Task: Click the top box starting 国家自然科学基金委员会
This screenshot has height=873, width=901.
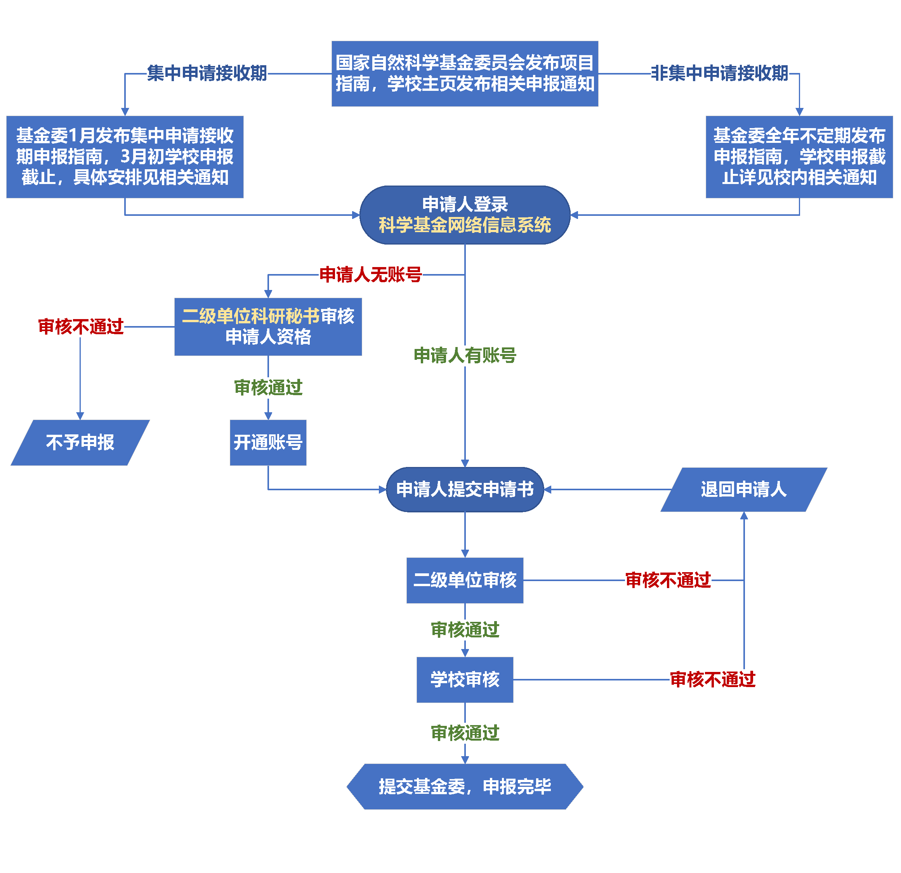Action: coord(465,73)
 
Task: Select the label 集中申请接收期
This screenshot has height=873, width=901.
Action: coord(207,73)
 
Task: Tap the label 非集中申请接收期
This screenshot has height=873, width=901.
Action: coord(720,73)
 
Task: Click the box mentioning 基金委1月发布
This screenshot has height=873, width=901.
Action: coord(125,157)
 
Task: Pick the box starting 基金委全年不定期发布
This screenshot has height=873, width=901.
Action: coord(799,157)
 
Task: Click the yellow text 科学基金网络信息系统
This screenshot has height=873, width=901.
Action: coord(465,225)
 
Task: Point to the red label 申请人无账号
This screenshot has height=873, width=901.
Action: coord(370,275)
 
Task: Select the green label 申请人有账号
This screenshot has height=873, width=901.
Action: coord(465,355)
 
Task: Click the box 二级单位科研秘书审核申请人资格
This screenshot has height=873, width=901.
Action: coord(268,327)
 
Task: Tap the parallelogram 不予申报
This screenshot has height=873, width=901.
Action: coord(80,443)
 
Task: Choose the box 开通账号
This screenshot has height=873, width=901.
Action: coord(268,443)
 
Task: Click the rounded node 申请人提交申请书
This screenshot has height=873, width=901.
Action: coord(465,489)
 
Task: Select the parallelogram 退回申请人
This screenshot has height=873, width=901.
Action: coord(743,489)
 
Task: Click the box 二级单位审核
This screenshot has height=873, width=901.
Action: coord(465,580)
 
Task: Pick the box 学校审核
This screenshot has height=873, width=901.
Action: coord(465,679)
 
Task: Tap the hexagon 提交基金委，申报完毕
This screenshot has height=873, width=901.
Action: coord(465,786)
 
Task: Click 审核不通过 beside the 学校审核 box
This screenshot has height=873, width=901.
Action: coord(712,679)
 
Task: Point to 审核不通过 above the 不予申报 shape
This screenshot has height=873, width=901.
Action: coord(81,327)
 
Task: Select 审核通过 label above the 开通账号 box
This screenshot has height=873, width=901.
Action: coord(268,387)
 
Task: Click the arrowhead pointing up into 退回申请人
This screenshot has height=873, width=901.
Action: coord(744,516)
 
